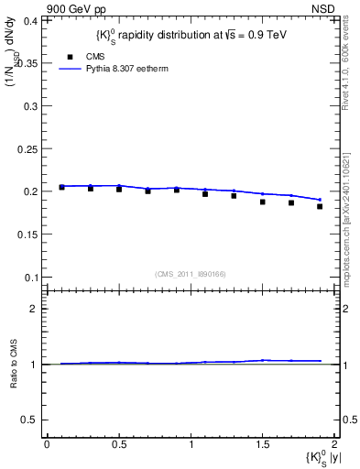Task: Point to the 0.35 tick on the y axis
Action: tap(29, 62)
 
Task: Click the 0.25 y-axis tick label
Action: tap(29, 148)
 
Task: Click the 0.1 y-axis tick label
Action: tap(32, 278)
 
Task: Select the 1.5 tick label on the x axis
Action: tap(262, 444)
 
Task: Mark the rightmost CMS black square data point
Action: tap(320, 206)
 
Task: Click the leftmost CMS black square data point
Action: tap(61, 187)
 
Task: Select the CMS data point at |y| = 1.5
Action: tap(262, 202)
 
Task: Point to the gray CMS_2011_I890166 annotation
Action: tap(190, 273)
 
